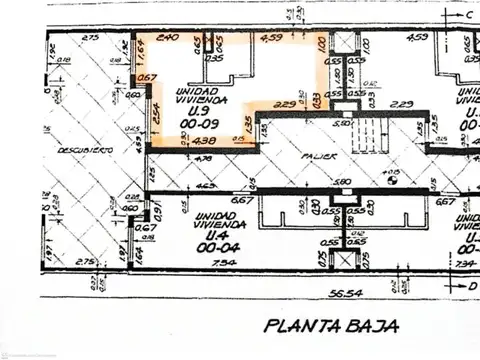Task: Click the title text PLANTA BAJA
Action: tap(331, 324)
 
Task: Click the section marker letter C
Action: tap(468, 15)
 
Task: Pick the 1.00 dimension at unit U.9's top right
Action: tap(321, 46)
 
